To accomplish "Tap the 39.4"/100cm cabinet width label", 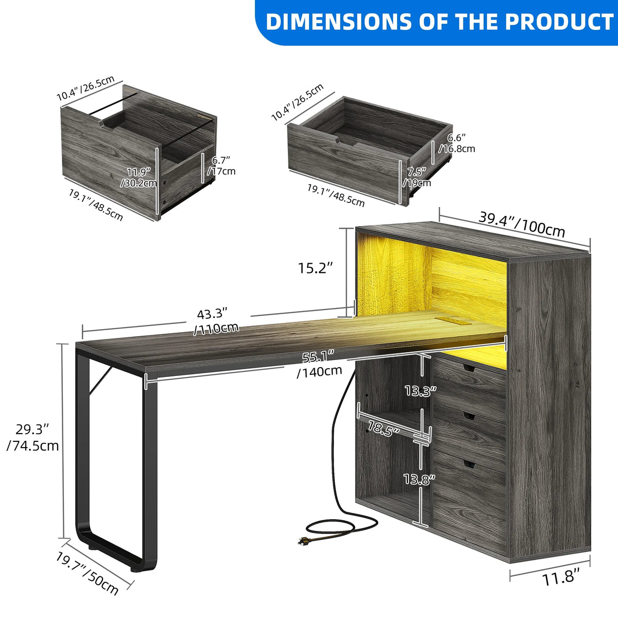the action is [522, 224].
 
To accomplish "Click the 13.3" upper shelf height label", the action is [420, 391].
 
